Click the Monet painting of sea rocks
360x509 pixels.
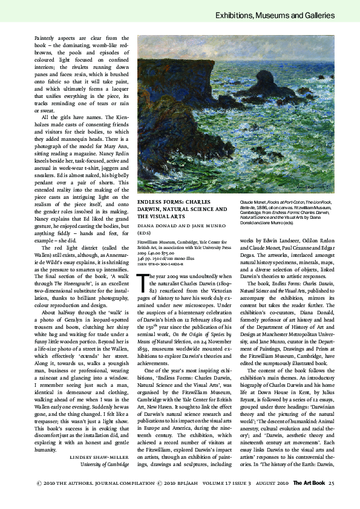tap(241, 114)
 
